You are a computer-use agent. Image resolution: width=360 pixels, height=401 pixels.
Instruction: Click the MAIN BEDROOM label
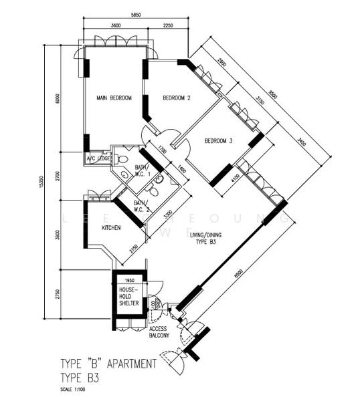[x=114, y=98]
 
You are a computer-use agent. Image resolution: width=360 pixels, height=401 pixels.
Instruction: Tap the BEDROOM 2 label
[x=177, y=98]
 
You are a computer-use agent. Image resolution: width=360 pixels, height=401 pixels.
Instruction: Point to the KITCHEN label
[x=111, y=228]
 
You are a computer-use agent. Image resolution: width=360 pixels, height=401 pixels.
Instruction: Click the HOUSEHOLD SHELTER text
[x=128, y=296]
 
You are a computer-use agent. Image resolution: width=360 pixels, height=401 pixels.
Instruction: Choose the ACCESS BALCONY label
[x=158, y=332]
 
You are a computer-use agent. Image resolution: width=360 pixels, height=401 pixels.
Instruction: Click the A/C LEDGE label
[x=98, y=158]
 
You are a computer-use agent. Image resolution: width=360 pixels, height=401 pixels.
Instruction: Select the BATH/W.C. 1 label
[x=142, y=171]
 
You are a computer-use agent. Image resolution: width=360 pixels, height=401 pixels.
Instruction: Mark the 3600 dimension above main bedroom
[x=115, y=26]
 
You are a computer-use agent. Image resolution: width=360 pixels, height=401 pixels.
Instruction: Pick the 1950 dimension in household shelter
[x=130, y=281]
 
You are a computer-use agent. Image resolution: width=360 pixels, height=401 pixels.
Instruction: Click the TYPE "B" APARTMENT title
[x=108, y=364]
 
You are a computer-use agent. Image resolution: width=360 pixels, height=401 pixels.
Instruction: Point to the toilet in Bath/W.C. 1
[x=122, y=159]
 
